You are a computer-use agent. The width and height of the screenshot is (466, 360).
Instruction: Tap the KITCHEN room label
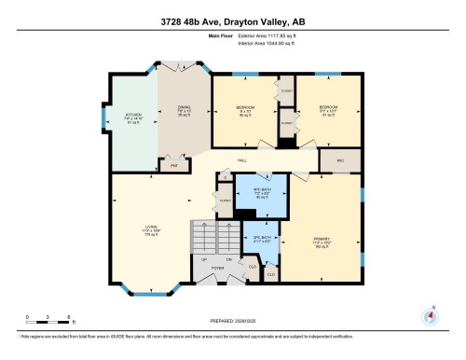(x=132, y=118)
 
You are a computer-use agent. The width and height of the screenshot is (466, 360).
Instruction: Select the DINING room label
(x=185, y=108)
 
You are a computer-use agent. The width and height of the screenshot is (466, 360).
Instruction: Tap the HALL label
(x=240, y=161)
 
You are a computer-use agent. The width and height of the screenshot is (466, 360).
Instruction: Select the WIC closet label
(x=339, y=160)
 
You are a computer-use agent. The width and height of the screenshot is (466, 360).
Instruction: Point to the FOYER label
(x=217, y=268)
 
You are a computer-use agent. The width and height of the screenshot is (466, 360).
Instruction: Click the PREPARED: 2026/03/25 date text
(x=233, y=318)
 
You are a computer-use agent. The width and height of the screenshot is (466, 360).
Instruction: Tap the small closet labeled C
(x=225, y=175)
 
